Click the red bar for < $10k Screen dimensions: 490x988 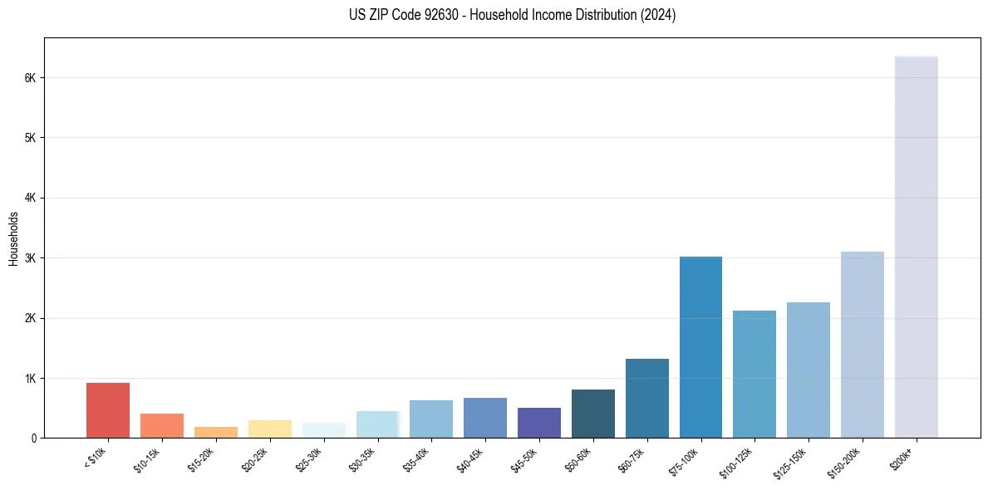108,410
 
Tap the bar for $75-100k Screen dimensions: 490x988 700,347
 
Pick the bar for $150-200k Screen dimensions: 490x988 862,345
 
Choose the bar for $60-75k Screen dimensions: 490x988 646,398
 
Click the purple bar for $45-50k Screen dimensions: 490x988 538,423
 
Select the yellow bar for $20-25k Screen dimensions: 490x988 269,429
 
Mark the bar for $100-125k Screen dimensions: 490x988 754,374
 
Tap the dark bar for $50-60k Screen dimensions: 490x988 592,414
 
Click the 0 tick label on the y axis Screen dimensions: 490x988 34,439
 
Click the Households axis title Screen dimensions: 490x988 13,238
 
